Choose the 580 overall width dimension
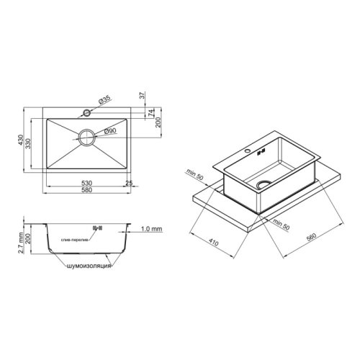86,193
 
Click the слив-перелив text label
73,240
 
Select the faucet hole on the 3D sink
249,153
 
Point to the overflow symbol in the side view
100,228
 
